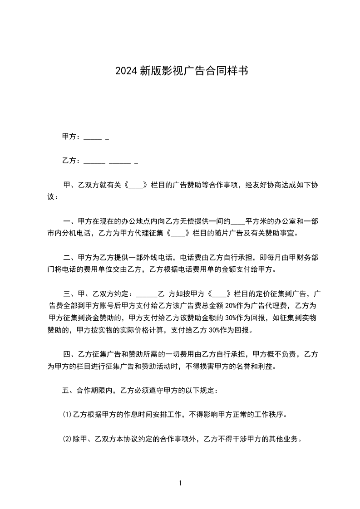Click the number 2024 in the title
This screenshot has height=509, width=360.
126,71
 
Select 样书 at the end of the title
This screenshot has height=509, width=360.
238,71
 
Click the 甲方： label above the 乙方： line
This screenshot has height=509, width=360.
71,137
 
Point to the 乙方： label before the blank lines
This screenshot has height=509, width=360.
71,161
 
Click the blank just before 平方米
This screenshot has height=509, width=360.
238,221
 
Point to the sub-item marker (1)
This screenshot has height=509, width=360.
67,415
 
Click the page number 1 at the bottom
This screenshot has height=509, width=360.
180,484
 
